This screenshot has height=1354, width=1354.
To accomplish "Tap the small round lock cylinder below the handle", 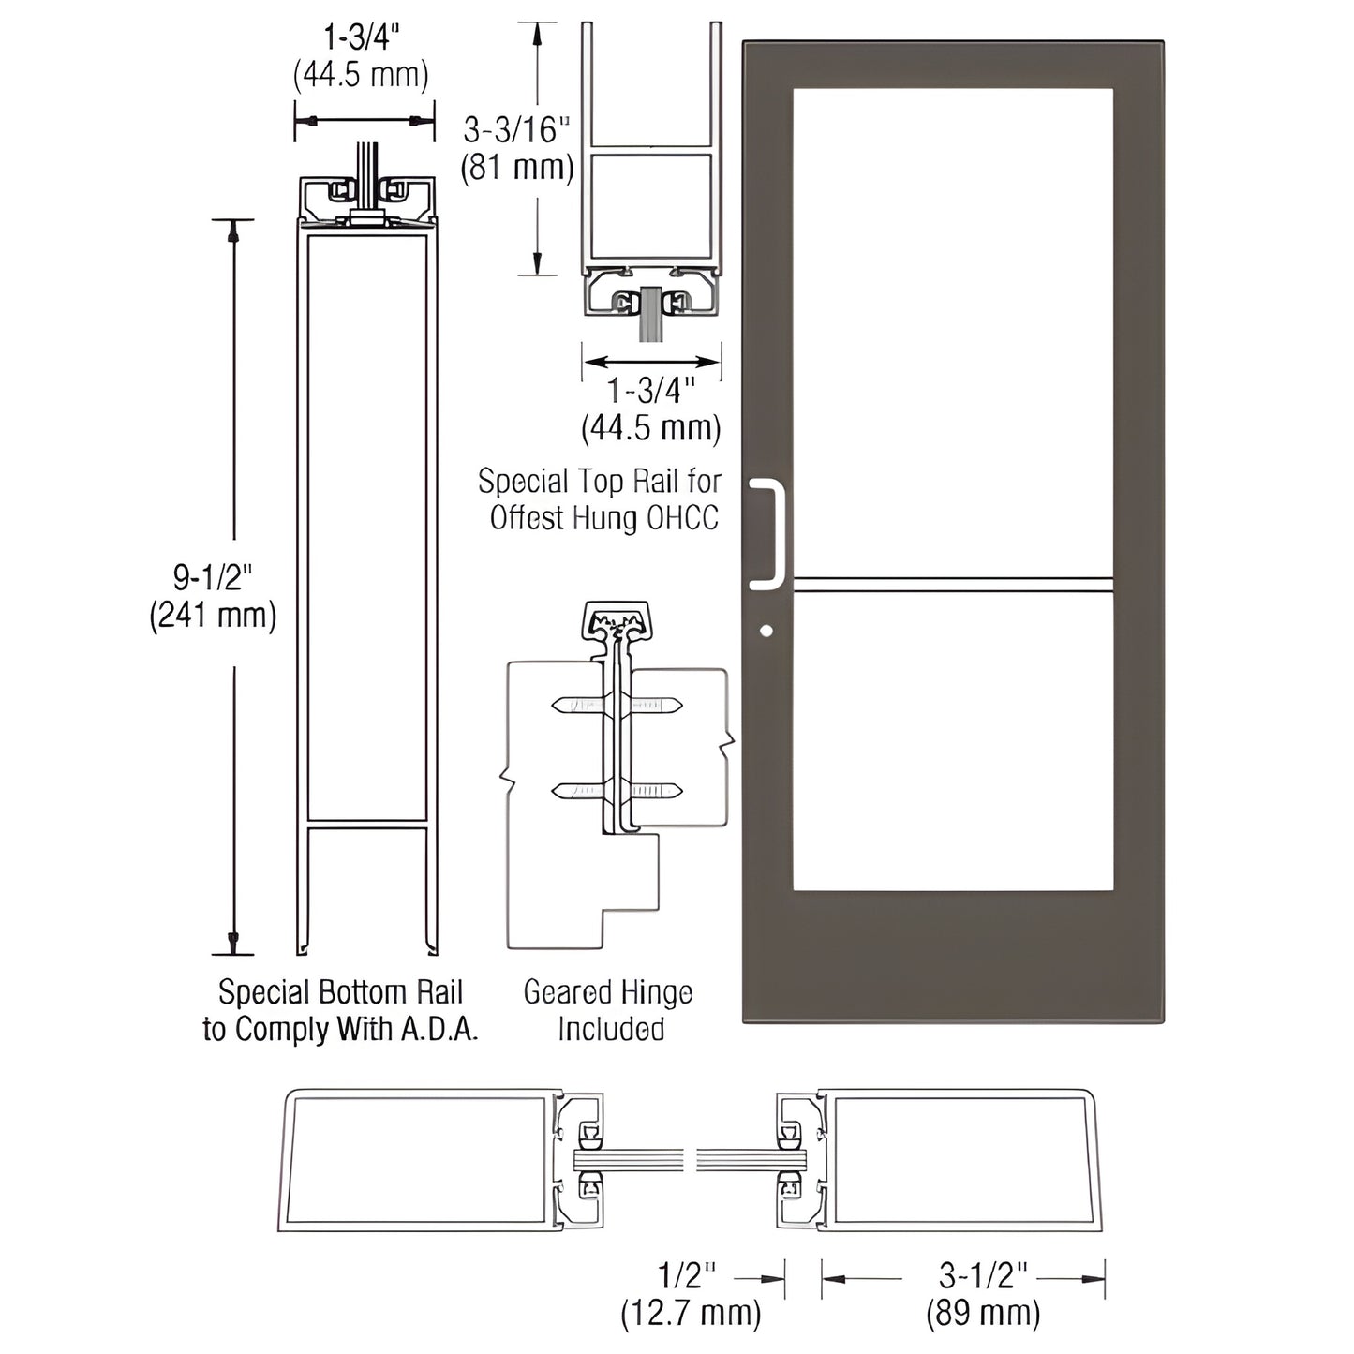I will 766,631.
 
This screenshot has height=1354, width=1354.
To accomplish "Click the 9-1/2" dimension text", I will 213,577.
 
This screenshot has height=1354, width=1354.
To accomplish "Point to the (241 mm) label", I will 213,616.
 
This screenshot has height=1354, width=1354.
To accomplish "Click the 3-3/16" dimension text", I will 516,129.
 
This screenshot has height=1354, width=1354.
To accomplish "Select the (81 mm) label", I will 516,168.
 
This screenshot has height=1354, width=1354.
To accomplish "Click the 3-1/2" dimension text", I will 983,1275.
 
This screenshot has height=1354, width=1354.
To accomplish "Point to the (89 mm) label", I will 983,1314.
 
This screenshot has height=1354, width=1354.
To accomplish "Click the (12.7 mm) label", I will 691,1314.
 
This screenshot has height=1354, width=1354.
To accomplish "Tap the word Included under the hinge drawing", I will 611,1029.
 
